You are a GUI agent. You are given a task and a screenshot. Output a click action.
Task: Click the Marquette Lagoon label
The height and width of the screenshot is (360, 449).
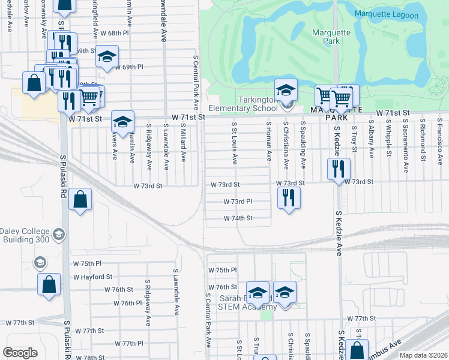(x=384, y=14)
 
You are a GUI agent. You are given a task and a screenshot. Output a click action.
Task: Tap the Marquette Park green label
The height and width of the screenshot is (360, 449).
(x=327, y=37)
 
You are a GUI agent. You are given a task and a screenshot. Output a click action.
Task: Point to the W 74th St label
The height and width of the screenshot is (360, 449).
(x=238, y=218)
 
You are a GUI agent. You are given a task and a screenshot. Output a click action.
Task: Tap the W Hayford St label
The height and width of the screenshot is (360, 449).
(x=92, y=277)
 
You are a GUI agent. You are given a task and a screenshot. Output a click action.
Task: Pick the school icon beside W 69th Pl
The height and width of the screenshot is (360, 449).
(x=107, y=57)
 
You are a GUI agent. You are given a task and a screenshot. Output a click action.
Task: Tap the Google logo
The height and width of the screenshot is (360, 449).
(x=20, y=353)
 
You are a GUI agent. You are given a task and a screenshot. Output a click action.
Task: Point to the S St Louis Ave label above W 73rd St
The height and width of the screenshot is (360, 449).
(x=234, y=143)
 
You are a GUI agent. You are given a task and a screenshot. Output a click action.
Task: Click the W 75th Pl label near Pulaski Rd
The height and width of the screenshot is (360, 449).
(x=87, y=263)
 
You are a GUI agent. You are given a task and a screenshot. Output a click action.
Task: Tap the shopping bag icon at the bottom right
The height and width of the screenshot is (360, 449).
(x=357, y=350)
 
